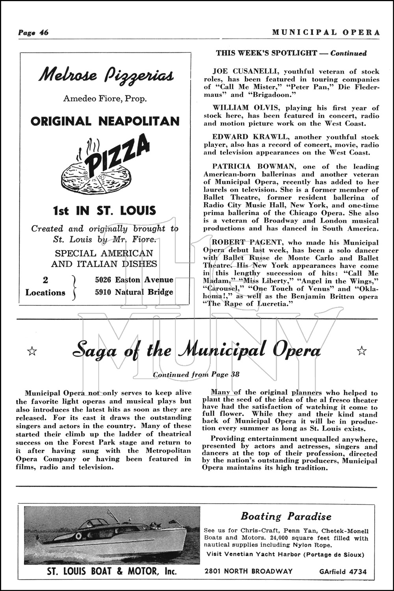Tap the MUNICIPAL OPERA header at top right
pyautogui.click(x=326, y=32)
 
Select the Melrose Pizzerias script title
pyautogui.click(x=105, y=75)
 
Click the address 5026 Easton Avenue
pyautogui.click(x=134, y=280)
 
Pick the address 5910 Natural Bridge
pyautogui.click(x=134, y=292)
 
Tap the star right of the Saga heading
pyautogui.click(x=361, y=350)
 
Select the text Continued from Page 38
pyautogui.click(x=196, y=374)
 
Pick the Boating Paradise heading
pyautogui.click(x=286, y=516)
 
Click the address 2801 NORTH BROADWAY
pyautogui.click(x=249, y=571)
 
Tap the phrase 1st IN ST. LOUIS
pyautogui.click(x=104, y=210)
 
